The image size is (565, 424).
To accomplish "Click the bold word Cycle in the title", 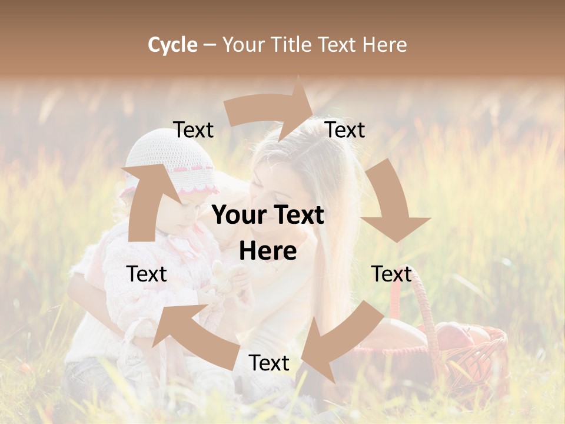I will [x=172, y=45].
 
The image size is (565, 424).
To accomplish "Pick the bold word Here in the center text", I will [x=268, y=251].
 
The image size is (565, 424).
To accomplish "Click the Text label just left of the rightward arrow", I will [x=193, y=130].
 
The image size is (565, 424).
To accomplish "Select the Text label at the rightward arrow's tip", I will [x=345, y=130].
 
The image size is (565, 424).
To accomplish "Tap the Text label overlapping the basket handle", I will [x=391, y=274].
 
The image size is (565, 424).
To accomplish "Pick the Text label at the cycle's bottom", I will [x=268, y=363].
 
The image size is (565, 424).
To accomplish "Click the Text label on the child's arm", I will [x=147, y=274].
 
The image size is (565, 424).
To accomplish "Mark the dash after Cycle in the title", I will [x=210, y=45].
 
